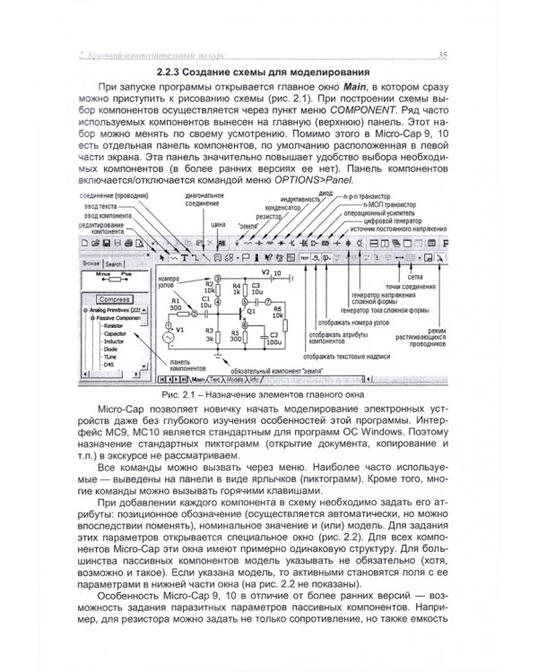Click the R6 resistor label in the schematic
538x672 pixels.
click(277, 309)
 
